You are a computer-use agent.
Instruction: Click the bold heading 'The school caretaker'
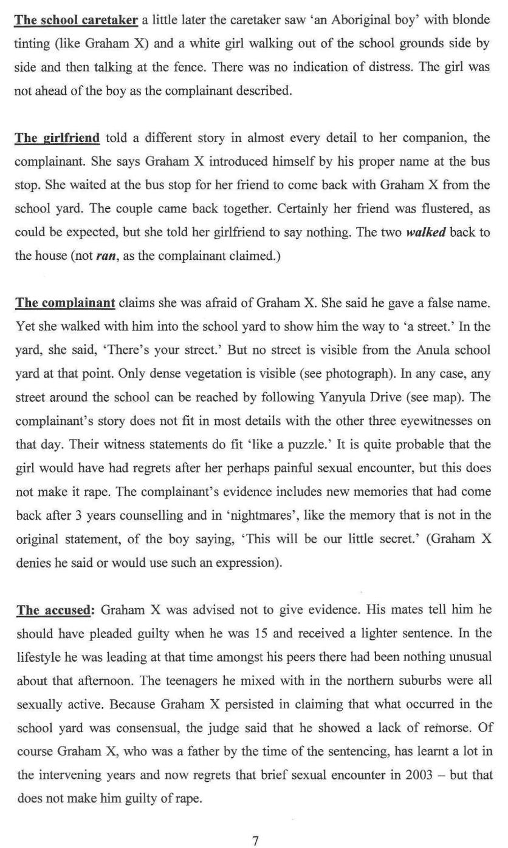pos(76,20)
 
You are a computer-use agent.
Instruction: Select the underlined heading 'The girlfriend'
pos(57,138)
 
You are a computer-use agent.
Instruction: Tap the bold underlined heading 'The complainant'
pos(65,302)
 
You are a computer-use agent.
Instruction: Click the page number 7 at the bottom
pos(255,841)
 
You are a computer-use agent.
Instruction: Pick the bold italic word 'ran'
pos(106,256)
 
